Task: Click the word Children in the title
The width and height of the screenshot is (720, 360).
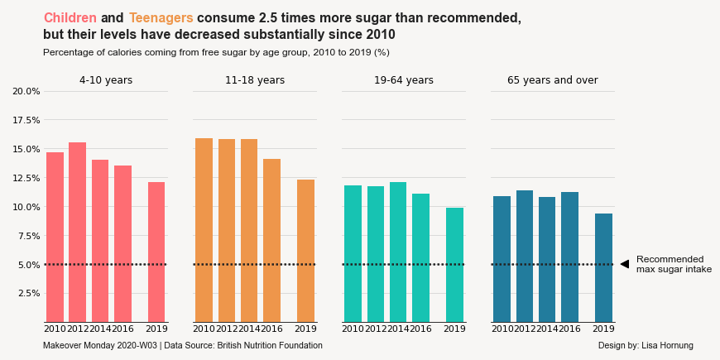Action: (70, 17)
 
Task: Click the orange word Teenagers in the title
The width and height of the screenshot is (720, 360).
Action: (161, 17)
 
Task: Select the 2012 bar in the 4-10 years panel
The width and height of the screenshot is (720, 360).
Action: (77, 232)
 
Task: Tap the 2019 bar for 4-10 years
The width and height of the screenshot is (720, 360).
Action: (156, 252)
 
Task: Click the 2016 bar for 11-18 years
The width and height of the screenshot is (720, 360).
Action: (271, 240)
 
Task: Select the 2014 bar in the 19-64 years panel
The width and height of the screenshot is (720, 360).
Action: (398, 252)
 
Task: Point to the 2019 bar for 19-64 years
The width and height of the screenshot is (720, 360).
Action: (454, 265)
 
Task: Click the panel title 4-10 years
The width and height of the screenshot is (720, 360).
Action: (106, 80)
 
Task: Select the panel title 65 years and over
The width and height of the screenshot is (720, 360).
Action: (552, 80)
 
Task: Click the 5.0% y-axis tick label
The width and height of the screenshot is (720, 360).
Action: (26, 265)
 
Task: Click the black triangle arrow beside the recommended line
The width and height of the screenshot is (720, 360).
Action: (625, 264)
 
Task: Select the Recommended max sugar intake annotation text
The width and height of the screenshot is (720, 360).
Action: (673, 264)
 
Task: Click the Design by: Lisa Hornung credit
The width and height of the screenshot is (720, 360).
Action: (646, 345)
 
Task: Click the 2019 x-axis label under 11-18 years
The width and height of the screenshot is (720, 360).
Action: (305, 329)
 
